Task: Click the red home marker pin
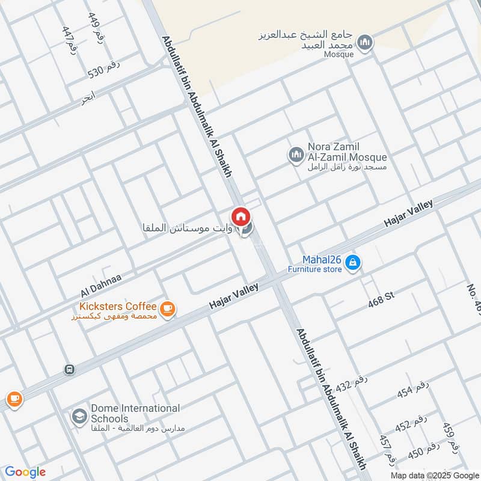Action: (x=240, y=216)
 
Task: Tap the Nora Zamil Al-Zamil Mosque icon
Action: (x=295, y=156)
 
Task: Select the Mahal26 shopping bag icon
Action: (x=354, y=262)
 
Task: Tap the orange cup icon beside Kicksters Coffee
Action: (x=168, y=308)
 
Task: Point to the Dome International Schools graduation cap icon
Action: (x=79, y=415)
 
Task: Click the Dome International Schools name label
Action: (x=135, y=413)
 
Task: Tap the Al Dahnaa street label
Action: (x=101, y=285)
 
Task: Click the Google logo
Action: (x=25, y=472)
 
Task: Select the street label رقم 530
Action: (x=105, y=71)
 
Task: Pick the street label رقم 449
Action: (x=96, y=28)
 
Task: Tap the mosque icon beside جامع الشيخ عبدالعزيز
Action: (x=364, y=42)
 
